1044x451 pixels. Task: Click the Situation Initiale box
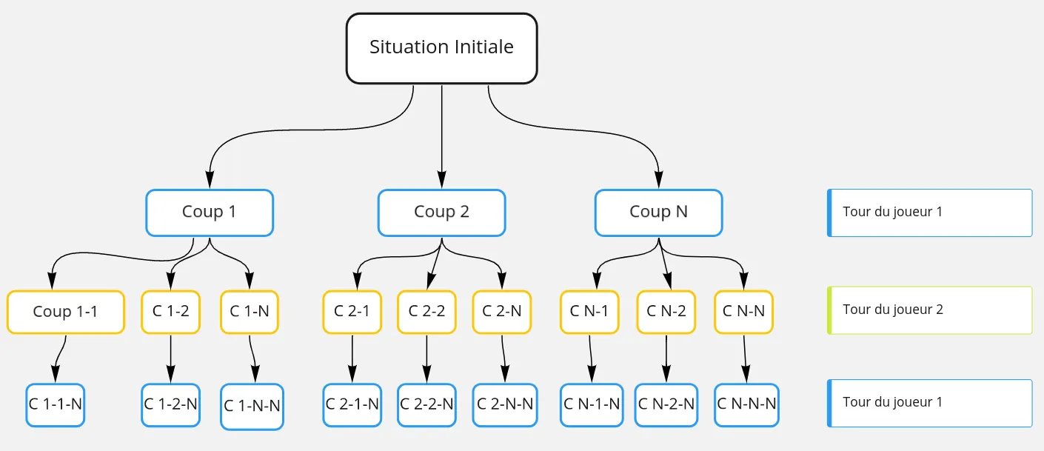point(441,48)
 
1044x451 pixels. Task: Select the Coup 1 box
point(210,213)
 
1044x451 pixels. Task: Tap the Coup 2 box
point(441,213)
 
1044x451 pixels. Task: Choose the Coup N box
point(658,213)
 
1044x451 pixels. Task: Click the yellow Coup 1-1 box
point(65,312)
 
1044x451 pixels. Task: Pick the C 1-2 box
point(171,312)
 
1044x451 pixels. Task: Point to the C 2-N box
point(502,312)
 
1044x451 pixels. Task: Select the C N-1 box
point(589,312)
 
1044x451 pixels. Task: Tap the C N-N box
point(743,312)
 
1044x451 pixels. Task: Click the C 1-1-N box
point(56,405)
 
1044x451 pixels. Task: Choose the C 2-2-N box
point(426,405)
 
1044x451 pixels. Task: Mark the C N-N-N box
point(746,405)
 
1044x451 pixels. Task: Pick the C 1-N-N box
point(252,407)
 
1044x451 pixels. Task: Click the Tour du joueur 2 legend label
point(893,310)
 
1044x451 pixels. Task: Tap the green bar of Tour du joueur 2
point(829,310)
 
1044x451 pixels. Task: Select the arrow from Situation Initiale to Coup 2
point(442,133)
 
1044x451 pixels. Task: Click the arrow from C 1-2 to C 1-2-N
point(171,358)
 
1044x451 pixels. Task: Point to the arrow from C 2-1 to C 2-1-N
point(352,358)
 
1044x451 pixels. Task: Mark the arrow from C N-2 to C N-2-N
point(666,358)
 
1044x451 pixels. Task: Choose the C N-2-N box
point(666,405)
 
